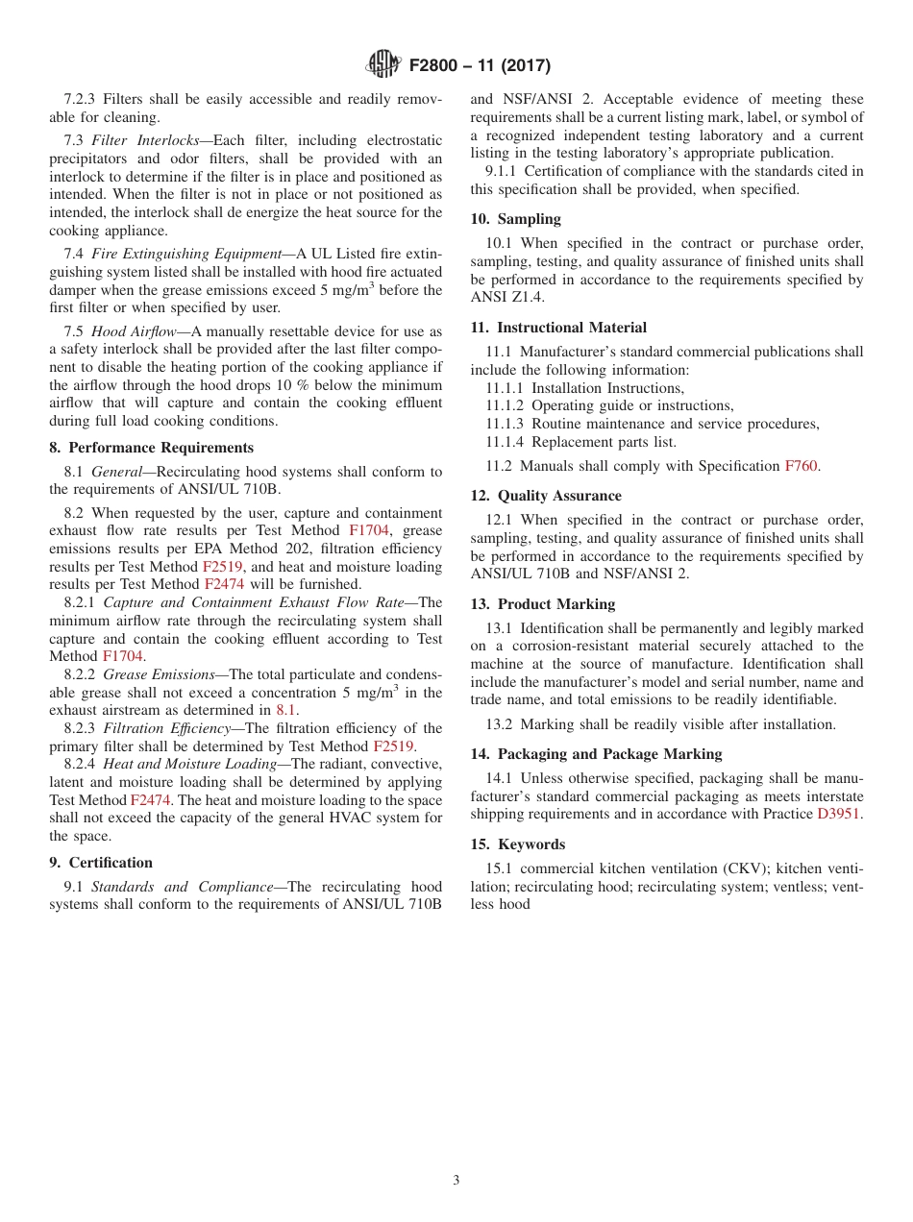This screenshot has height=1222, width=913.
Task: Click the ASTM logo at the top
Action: [382, 64]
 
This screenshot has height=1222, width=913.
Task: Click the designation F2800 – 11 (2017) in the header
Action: [479, 65]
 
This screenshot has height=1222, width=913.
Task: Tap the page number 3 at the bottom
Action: [456, 1181]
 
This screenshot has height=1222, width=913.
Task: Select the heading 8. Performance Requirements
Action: [152, 448]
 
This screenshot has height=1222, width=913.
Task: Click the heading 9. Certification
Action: [101, 863]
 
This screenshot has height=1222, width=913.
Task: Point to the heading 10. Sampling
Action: [516, 219]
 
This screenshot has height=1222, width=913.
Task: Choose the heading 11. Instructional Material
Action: [558, 328]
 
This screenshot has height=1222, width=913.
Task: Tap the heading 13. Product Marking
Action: [542, 604]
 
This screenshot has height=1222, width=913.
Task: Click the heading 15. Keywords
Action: [517, 844]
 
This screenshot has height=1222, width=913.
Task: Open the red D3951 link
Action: [838, 815]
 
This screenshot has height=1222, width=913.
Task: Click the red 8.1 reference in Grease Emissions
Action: [286, 711]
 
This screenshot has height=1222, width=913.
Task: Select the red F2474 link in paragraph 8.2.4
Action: [150, 800]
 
